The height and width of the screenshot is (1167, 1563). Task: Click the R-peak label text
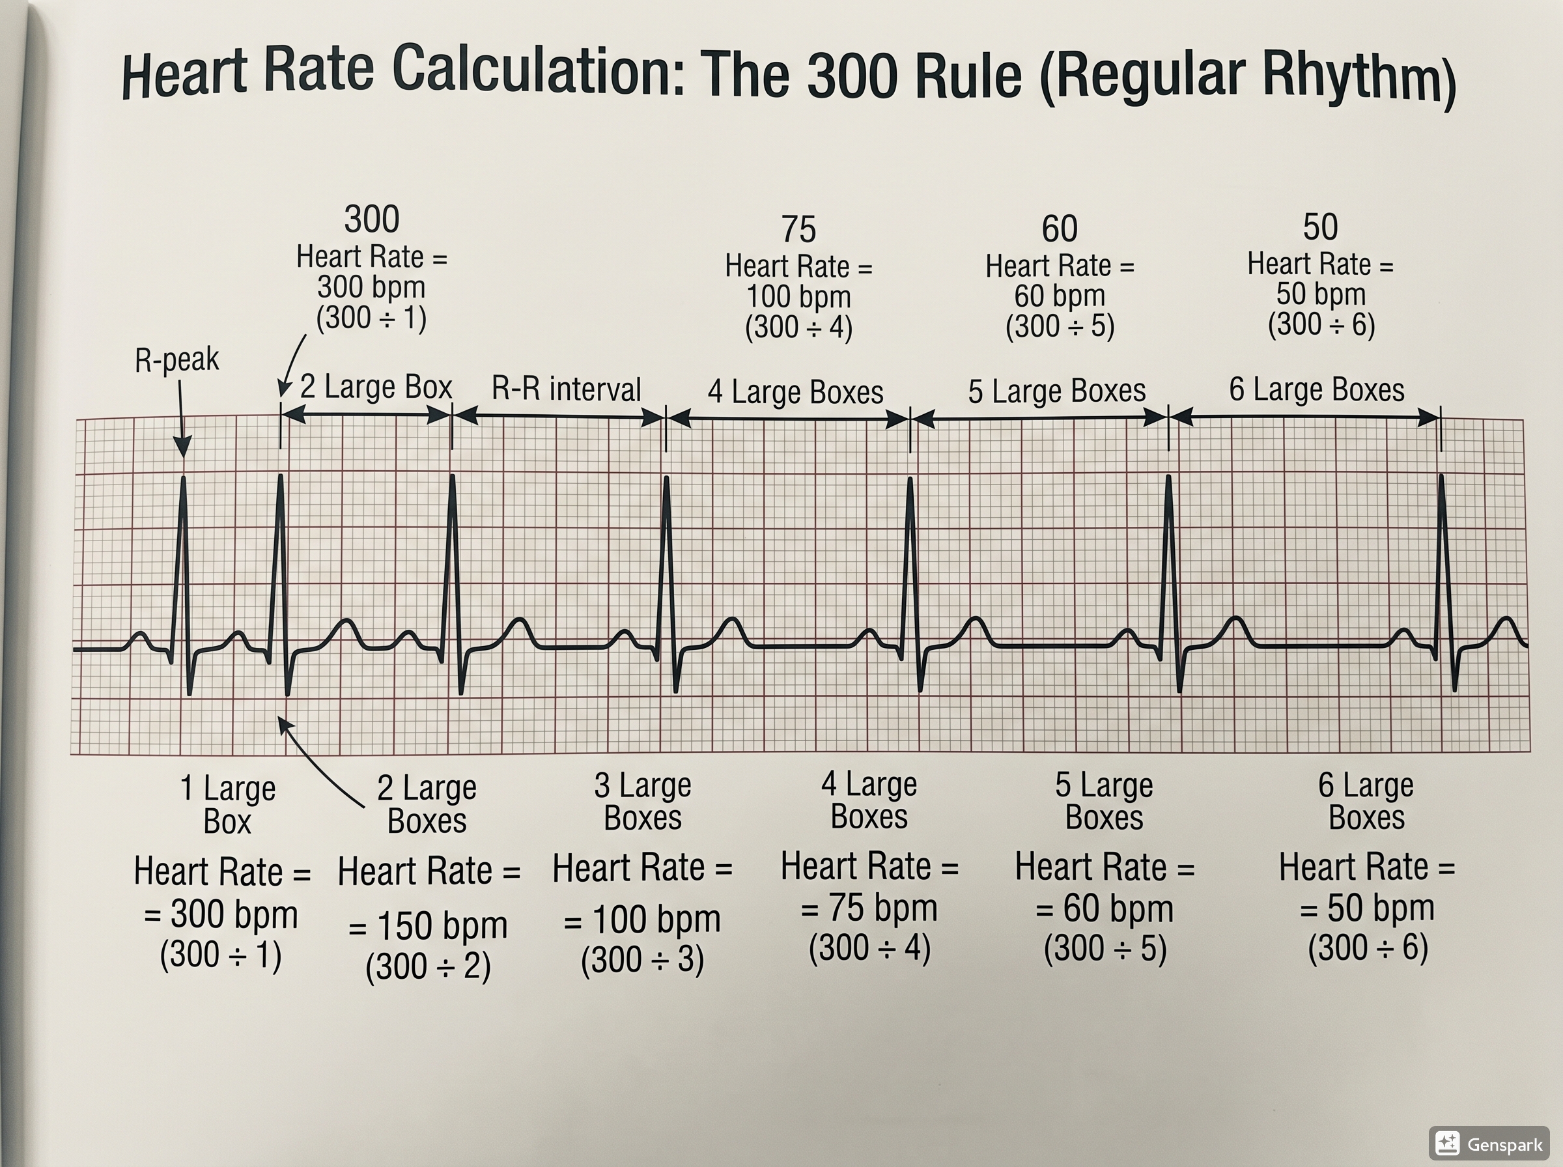[176, 360]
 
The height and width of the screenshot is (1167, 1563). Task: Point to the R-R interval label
[566, 389]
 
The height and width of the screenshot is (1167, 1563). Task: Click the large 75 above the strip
[799, 230]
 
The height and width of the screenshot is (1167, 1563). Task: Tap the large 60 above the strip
[1060, 229]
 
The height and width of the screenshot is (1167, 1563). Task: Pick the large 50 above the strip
[1320, 227]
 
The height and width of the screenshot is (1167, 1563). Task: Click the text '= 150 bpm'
[428, 925]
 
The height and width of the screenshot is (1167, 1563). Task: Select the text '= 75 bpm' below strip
[869, 908]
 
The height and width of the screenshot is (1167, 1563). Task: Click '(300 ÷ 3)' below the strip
[642, 960]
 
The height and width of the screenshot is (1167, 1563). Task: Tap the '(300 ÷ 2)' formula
[428, 966]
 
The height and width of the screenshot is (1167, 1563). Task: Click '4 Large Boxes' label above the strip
[795, 392]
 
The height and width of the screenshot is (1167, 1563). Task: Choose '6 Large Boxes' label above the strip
[1317, 390]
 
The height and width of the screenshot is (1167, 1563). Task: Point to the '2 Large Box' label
[376, 387]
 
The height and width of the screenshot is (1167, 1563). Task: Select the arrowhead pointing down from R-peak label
[183, 448]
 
